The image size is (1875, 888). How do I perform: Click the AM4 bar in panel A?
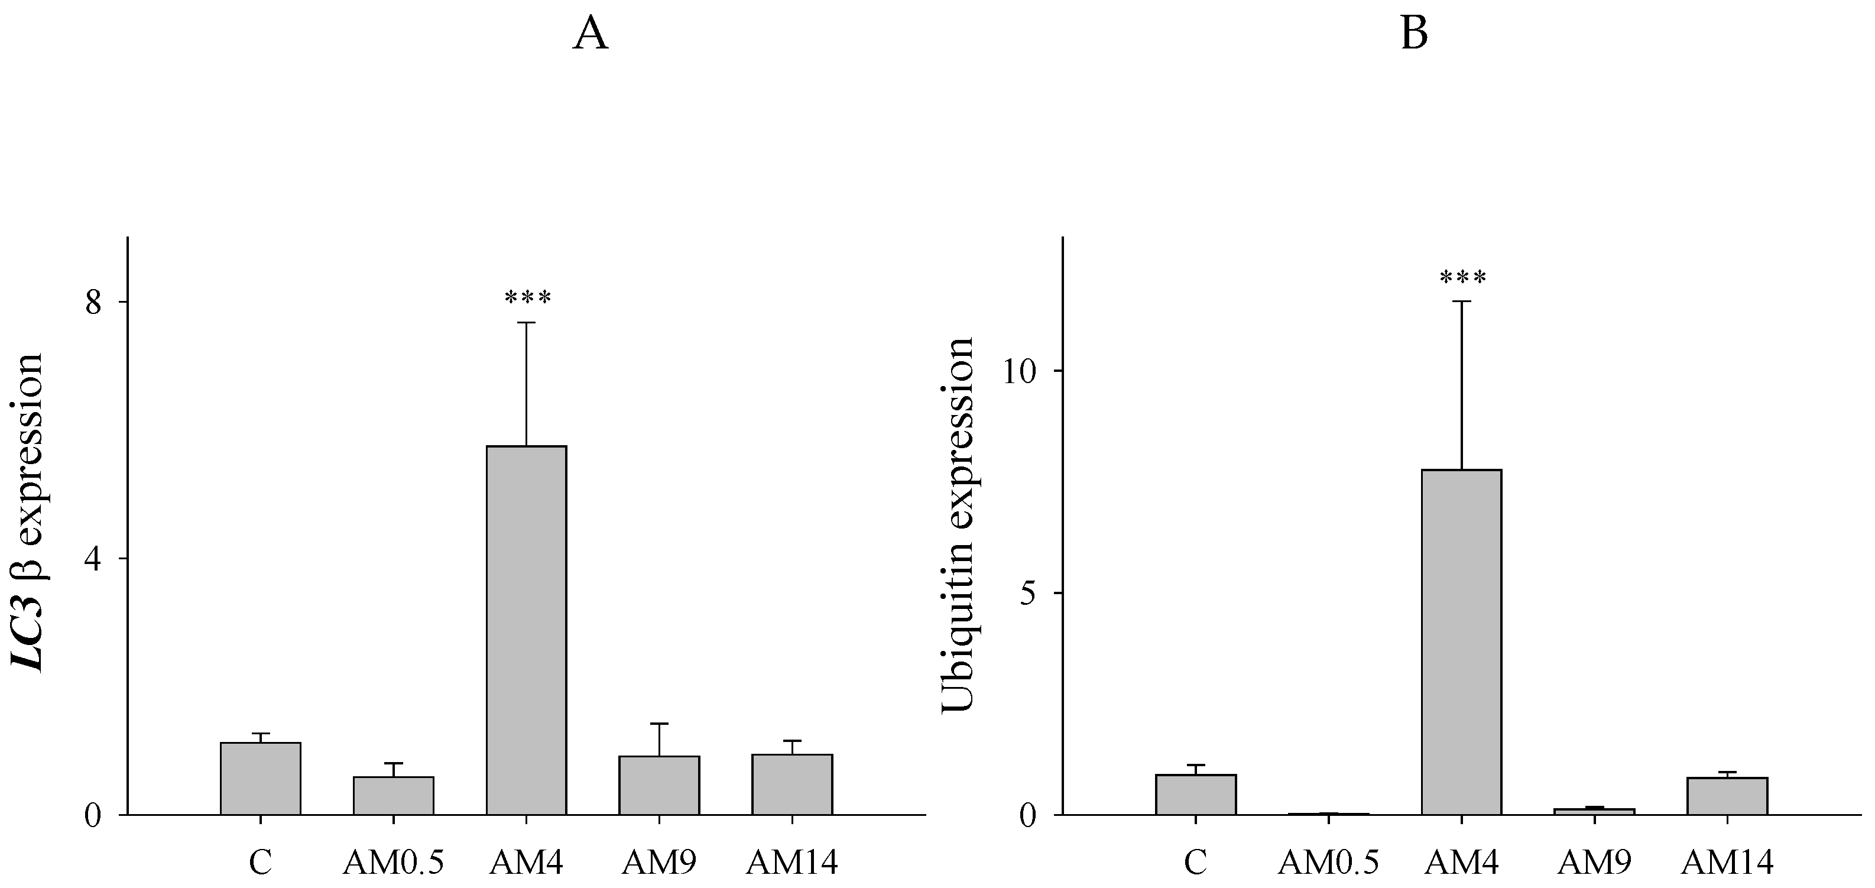click(526, 630)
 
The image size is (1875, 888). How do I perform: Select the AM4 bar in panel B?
click(1462, 642)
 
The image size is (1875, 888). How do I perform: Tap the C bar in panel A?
click(261, 778)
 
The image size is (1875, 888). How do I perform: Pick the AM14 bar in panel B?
click(1727, 796)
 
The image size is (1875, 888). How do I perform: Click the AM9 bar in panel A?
click(660, 785)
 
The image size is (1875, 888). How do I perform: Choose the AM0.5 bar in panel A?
click(394, 796)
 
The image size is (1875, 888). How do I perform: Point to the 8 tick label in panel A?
click(94, 303)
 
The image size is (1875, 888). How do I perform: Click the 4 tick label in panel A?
click(94, 559)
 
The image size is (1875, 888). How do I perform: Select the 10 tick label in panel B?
click(1019, 372)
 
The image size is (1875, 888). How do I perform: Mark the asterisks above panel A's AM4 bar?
click(528, 298)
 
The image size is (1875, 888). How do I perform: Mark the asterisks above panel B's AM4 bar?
click(1463, 277)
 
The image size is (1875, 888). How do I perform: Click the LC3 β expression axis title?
click(28, 513)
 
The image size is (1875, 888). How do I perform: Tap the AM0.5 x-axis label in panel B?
click(1328, 863)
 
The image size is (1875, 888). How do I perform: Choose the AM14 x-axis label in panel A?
click(792, 863)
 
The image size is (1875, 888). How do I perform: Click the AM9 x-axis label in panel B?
click(1594, 863)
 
